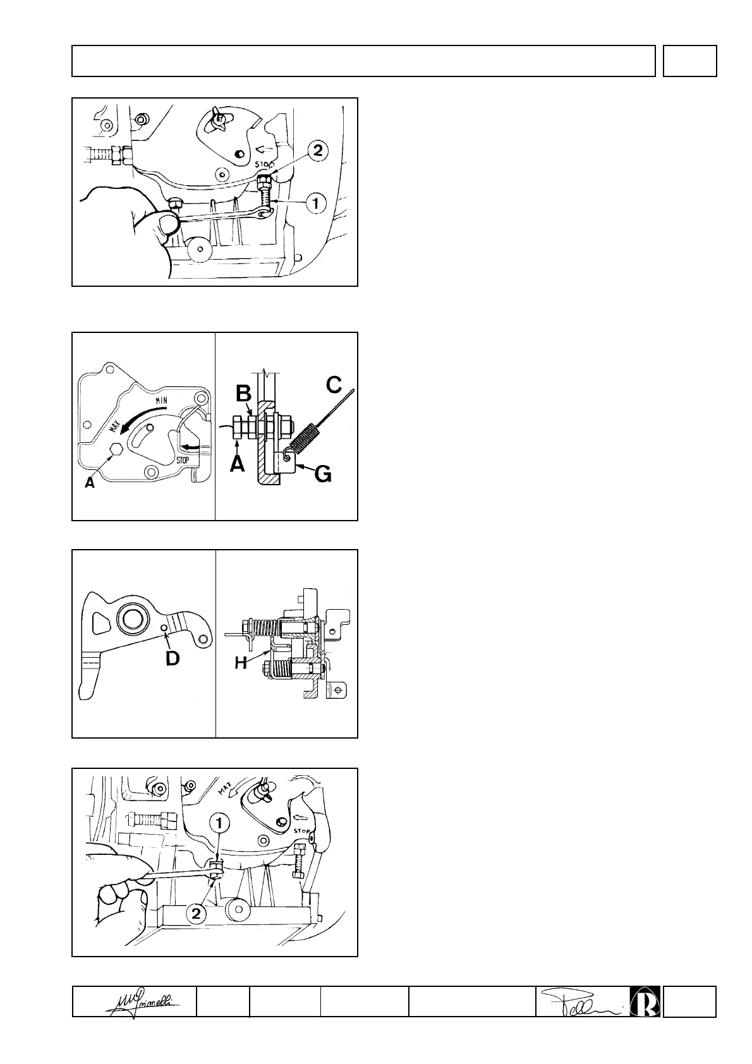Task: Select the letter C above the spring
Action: [333, 385]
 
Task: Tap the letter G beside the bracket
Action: [322, 474]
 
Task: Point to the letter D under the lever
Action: [172, 658]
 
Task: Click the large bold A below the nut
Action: [238, 464]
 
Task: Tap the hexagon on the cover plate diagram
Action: [116, 449]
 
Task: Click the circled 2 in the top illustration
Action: [317, 151]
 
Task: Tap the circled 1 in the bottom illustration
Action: [220, 823]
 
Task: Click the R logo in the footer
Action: [645, 1001]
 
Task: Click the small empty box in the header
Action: [689, 61]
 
